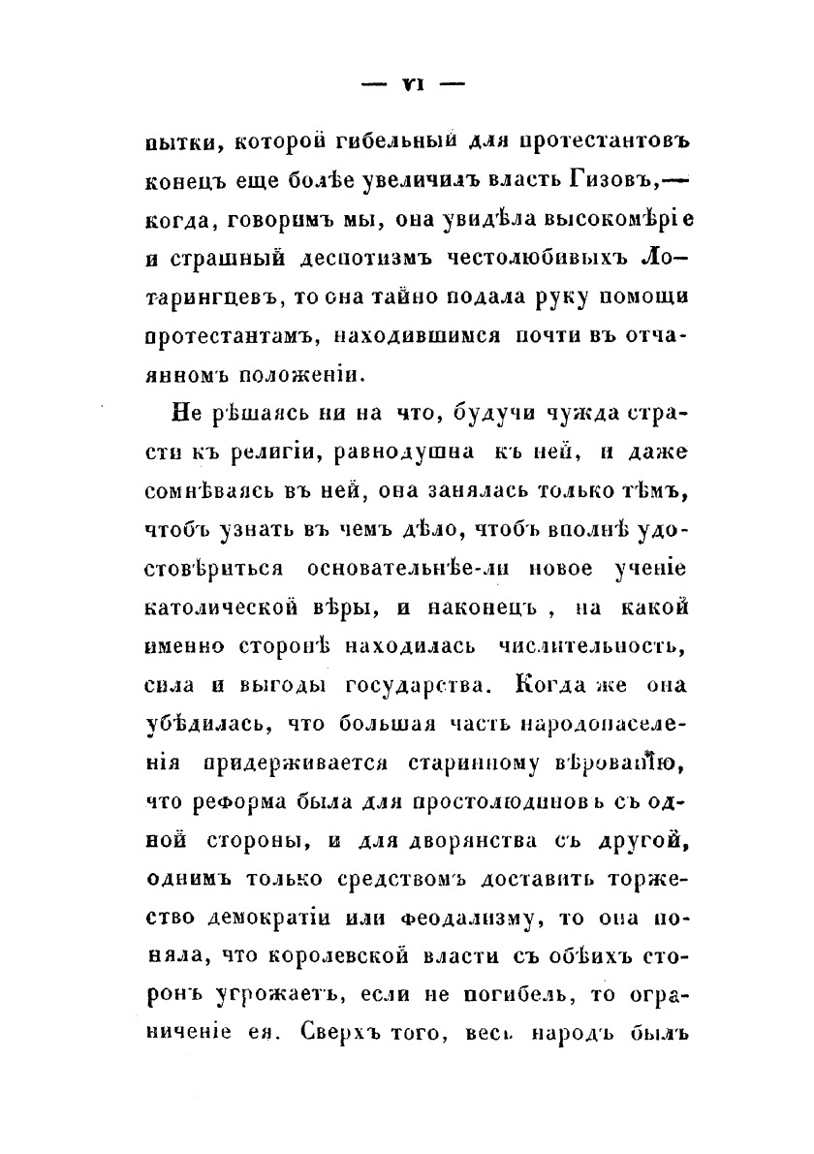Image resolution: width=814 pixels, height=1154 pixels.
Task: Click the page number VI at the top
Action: click(406, 84)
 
